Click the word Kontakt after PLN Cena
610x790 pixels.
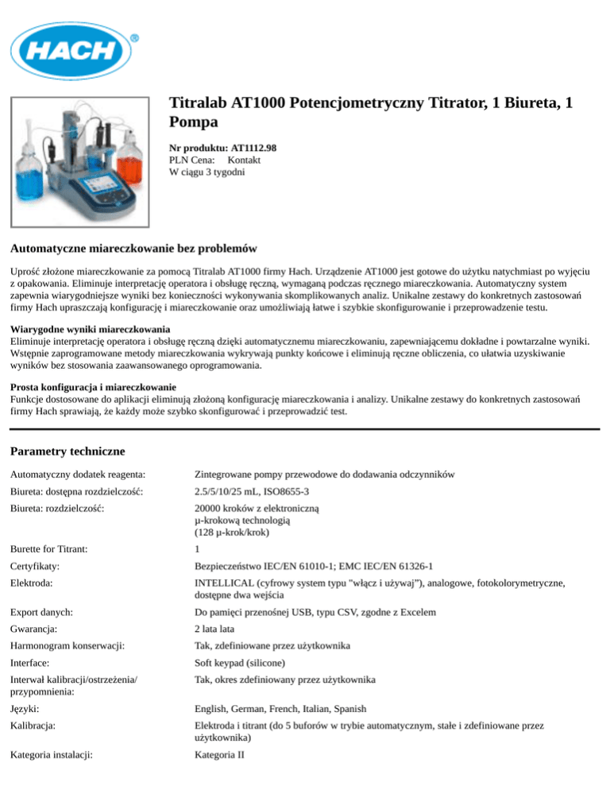point(239,160)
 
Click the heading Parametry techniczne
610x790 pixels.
point(68,451)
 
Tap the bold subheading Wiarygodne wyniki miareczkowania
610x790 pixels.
point(92,329)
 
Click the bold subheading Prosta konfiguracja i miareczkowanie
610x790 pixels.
point(99,387)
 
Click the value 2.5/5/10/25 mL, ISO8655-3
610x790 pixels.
point(252,493)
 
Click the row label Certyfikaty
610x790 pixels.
point(38,566)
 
